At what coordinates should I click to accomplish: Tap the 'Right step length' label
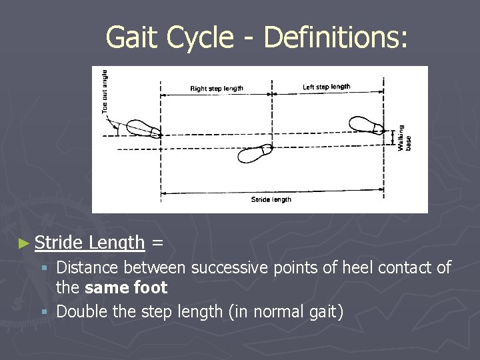(x=217, y=88)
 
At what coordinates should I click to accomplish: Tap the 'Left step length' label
(x=326, y=87)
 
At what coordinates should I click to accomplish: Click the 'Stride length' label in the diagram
(x=271, y=199)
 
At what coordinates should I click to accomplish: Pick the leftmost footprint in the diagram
(x=141, y=128)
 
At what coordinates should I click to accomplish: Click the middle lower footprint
(x=254, y=153)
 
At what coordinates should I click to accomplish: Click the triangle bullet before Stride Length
(x=25, y=244)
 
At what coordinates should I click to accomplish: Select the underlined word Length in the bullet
(x=117, y=243)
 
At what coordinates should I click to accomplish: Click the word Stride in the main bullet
(x=59, y=243)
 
